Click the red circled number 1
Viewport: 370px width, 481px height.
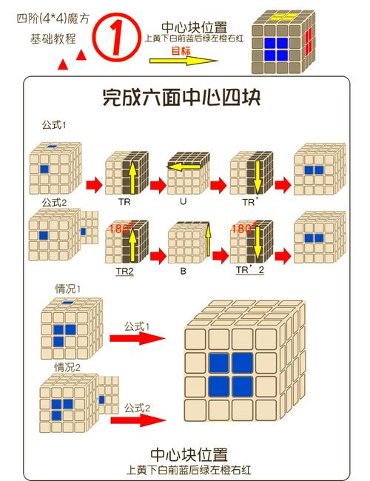coord(117,36)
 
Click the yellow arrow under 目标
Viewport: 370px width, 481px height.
coord(184,61)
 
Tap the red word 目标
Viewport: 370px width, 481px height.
coord(181,50)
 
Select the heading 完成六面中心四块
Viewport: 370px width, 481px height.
coord(181,98)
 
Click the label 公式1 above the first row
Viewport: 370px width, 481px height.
coord(54,125)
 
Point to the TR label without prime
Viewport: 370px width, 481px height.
coord(124,202)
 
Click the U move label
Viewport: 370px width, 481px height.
coord(184,201)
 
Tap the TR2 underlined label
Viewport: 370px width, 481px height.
coord(125,272)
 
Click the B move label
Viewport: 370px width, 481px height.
coord(184,271)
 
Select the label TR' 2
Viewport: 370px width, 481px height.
coord(249,270)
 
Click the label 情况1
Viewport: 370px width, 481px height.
coord(67,289)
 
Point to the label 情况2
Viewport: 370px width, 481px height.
coord(67,367)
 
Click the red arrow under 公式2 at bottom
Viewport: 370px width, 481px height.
coord(138,420)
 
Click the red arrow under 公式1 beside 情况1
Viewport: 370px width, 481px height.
coord(137,338)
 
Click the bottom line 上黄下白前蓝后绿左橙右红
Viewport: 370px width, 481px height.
coord(189,470)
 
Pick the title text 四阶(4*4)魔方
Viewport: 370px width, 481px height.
coord(53,19)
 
